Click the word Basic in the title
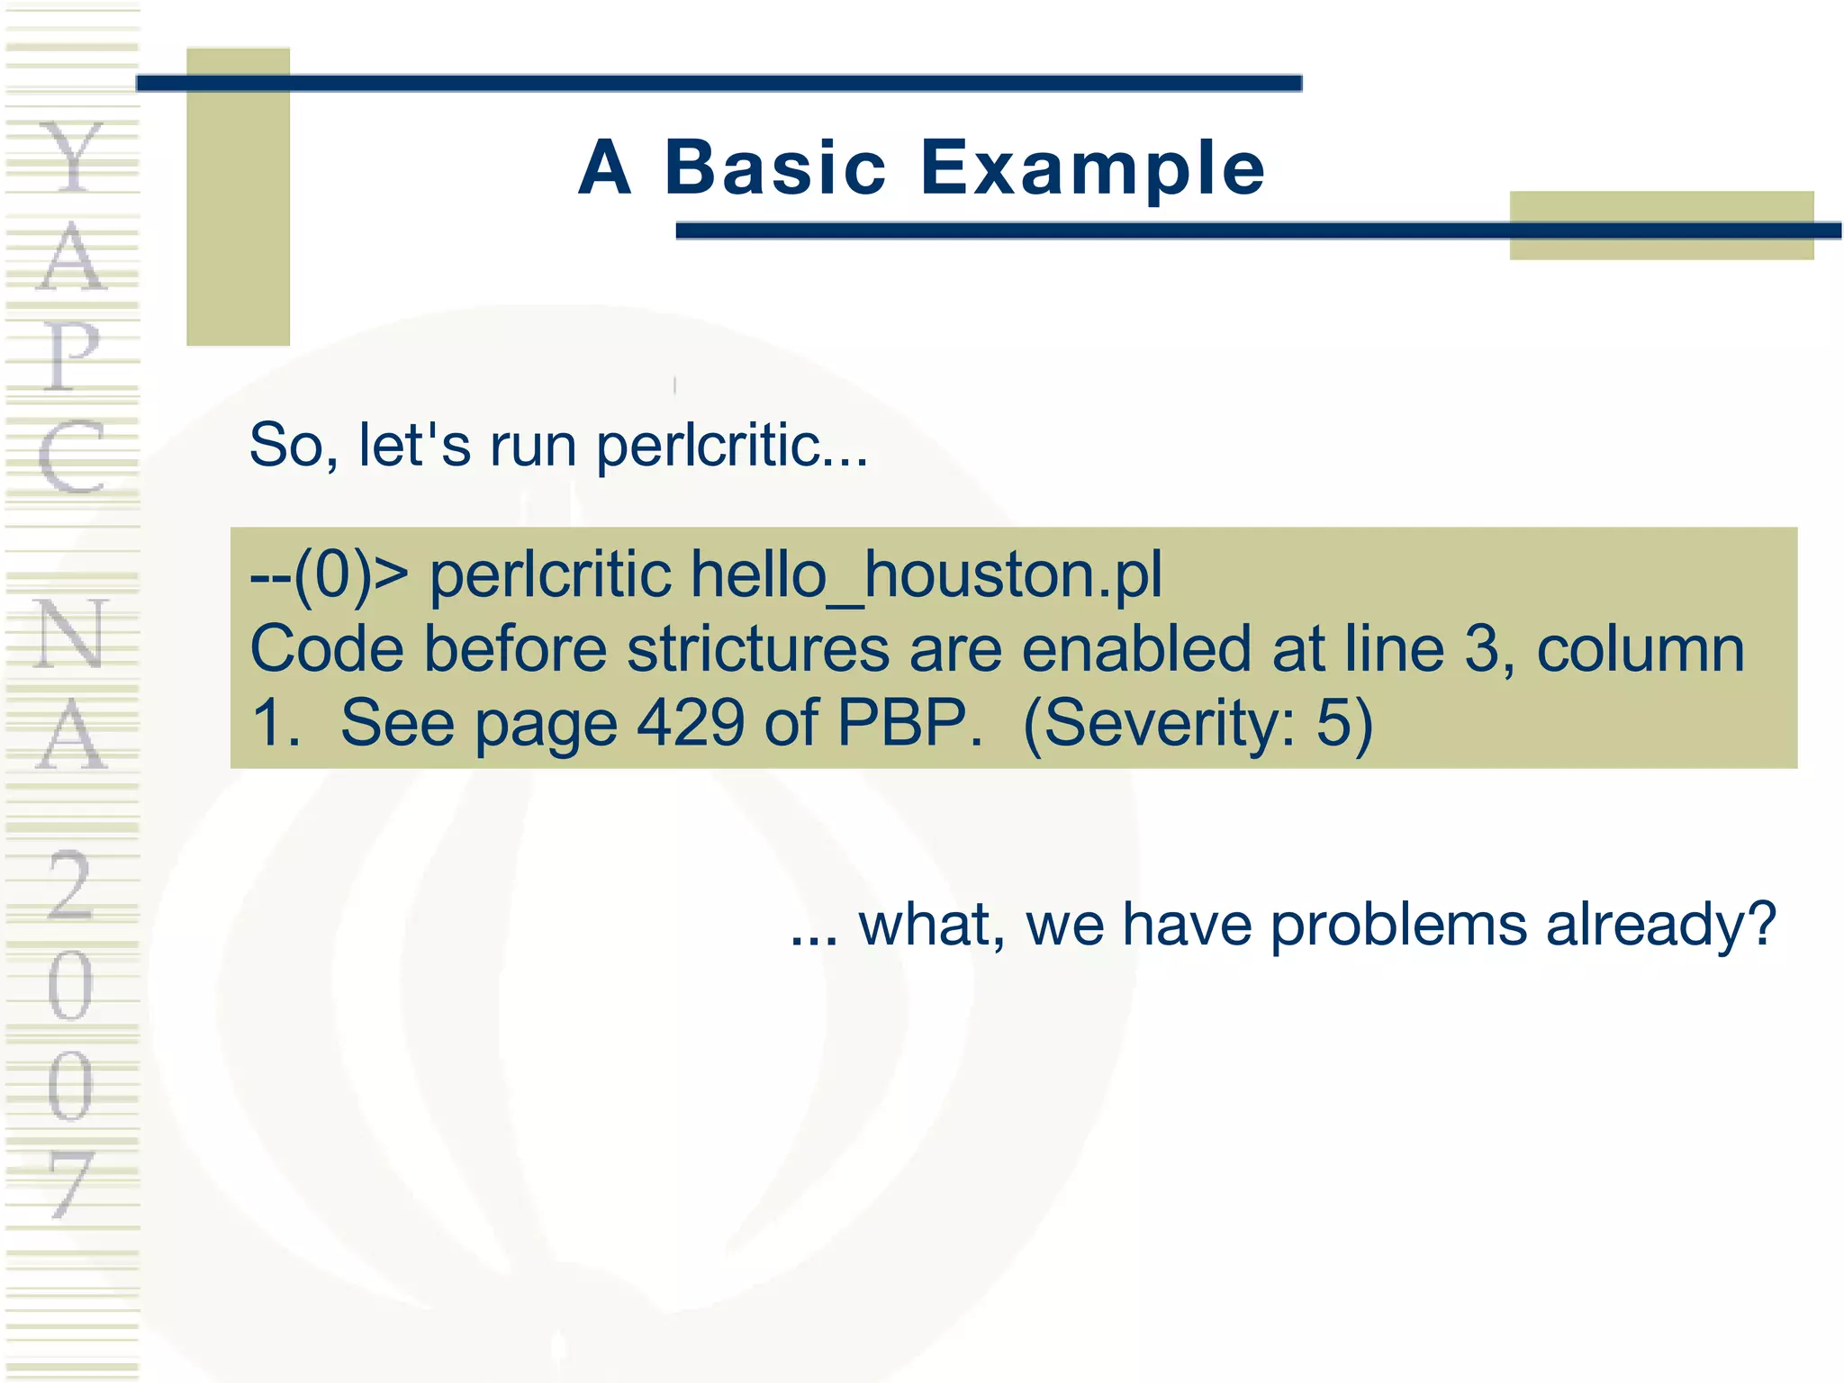tap(775, 168)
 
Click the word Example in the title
tap(1092, 168)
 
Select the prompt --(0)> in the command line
tap(330, 575)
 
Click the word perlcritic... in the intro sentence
tap(732, 446)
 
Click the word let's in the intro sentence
tap(414, 446)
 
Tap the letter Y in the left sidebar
tap(72, 158)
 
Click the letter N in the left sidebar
tap(72, 635)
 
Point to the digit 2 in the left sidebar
tap(72, 886)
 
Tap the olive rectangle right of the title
tap(1661, 225)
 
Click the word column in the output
tap(1640, 649)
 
